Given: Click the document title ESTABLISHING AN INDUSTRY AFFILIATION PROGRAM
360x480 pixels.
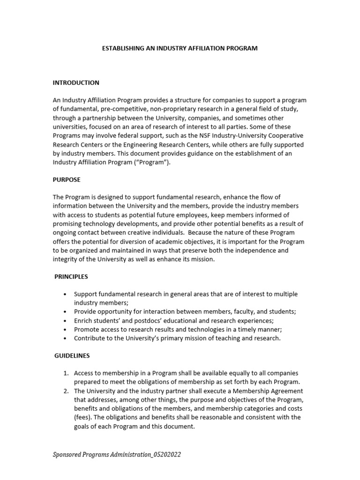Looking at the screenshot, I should (180, 48).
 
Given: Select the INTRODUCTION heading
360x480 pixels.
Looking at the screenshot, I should (76, 82).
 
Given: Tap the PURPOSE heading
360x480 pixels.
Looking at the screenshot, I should (67, 180).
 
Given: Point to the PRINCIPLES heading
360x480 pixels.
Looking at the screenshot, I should (71, 277).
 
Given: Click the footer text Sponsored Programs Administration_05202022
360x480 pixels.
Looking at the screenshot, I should (116, 455).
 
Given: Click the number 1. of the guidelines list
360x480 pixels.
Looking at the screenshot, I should (66, 373).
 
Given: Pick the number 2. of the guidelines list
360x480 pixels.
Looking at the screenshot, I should (66, 391).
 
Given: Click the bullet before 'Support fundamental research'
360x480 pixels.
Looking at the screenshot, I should (65, 294).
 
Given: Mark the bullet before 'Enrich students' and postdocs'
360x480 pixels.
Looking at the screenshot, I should (65, 321).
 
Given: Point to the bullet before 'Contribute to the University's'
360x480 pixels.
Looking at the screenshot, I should (65, 338).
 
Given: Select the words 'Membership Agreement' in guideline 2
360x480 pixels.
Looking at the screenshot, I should (270, 391).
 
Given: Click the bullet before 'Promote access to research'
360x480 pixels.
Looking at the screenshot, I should (65, 330).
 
